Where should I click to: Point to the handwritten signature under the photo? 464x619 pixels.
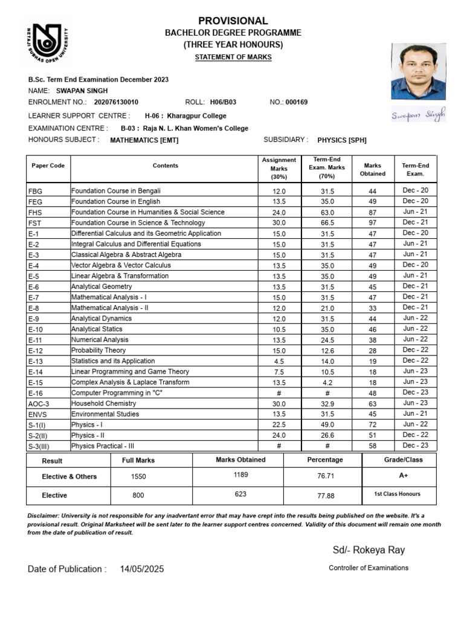tap(418, 114)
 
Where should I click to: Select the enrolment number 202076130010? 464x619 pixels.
tap(117, 102)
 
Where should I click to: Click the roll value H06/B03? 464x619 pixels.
tap(224, 102)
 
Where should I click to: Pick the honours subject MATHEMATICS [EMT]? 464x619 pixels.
tap(144, 140)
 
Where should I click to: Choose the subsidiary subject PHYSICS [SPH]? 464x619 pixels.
tap(342, 140)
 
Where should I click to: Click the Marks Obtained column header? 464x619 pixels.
tap(373, 169)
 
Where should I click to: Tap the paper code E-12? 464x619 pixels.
tap(36, 351)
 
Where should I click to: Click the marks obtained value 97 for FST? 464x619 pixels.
tap(373, 223)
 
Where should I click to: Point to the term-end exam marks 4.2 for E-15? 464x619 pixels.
tap(327, 383)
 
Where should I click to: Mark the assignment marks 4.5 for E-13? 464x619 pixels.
tap(279, 361)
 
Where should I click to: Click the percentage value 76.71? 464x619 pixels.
tap(326, 476)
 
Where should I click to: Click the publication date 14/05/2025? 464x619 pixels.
tap(142, 569)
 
